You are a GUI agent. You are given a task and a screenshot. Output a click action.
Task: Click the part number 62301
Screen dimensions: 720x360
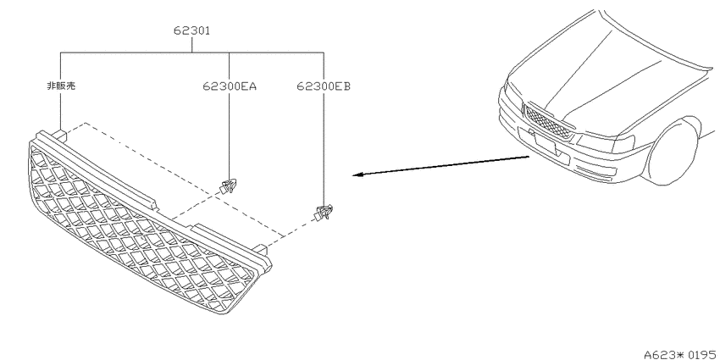point(192,30)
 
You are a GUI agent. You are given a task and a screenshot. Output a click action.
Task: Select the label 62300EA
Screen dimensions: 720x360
point(230,86)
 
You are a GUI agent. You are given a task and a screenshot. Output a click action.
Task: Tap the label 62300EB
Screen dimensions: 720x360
point(324,86)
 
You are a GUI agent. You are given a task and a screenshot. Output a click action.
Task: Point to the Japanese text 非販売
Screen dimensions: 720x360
point(61,86)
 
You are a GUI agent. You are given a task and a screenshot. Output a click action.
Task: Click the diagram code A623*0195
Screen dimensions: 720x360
point(680,354)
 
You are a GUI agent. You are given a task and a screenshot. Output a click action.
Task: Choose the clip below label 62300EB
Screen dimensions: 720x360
point(324,213)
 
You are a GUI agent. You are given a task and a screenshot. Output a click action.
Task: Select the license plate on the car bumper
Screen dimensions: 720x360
point(544,143)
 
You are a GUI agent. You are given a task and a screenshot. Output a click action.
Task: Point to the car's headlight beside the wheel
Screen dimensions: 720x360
point(606,142)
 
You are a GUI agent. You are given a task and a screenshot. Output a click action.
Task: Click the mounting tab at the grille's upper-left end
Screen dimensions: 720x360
point(58,135)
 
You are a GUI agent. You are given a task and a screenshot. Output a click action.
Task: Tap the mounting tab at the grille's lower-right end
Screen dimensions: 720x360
point(260,249)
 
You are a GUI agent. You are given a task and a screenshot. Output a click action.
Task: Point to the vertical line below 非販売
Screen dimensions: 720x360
point(61,110)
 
